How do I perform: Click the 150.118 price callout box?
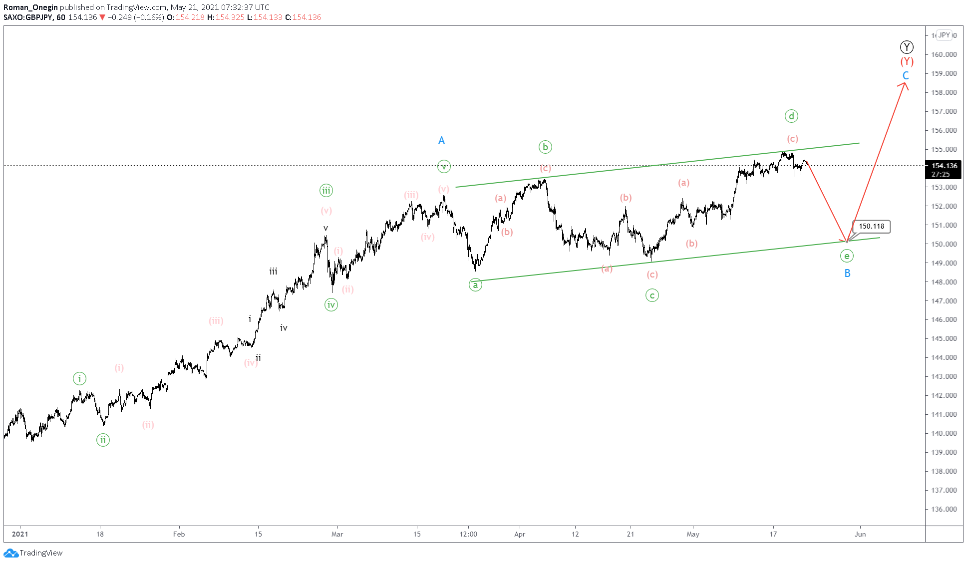(871, 227)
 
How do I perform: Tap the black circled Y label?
(907, 47)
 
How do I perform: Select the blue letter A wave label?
(441, 140)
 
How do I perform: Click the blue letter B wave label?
(847, 274)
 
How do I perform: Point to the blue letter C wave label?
(906, 76)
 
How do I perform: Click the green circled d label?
(791, 116)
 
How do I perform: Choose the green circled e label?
(847, 256)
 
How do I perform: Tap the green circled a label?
(475, 285)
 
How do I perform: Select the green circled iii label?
(326, 190)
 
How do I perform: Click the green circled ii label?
(103, 440)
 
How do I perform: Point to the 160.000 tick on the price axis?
(944, 54)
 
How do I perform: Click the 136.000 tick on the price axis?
(944, 509)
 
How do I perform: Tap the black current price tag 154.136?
(944, 170)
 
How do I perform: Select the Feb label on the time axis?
(179, 534)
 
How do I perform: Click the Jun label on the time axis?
(860, 534)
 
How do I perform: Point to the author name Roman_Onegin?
(30, 7)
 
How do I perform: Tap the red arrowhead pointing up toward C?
(905, 85)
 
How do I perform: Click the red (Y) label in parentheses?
(907, 61)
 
